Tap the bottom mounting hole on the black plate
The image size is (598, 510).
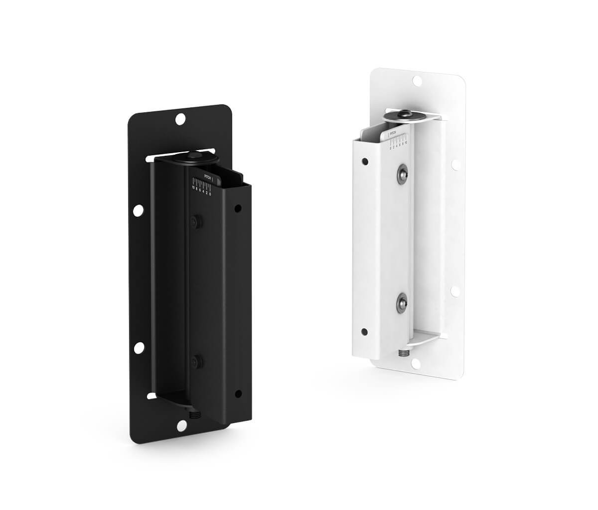coord(182,425)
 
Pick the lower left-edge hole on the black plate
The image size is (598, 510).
coord(140,346)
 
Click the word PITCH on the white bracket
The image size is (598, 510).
coord(393,134)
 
